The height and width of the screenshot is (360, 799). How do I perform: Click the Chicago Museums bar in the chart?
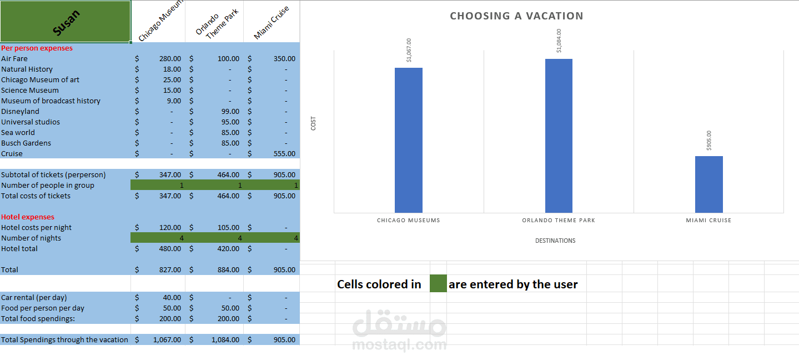pyautogui.click(x=408, y=140)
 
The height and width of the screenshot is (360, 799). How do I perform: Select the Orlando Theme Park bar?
pyautogui.click(x=559, y=136)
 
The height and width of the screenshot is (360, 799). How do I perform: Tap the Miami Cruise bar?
pyautogui.click(x=708, y=184)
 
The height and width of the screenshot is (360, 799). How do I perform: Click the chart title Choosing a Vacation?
pyautogui.click(x=516, y=16)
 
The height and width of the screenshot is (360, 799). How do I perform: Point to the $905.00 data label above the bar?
pyautogui.click(x=709, y=141)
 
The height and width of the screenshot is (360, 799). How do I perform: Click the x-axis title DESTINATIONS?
pyautogui.click(x=555, y=241)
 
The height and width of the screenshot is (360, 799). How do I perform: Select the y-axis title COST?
pyautogui.click(x=313, y=123)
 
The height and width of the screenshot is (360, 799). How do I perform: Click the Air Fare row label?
pyautogui.click(x=14, y=58)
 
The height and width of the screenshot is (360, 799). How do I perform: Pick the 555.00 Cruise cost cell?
pyautogui.click(x=284, y=153)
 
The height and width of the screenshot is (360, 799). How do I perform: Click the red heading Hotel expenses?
pyautogui.click(x=28, y=217)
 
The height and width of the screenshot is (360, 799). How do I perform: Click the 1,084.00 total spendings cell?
pyautogui.click(x=225, y=339)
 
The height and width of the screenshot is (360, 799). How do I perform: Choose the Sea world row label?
pyautogui.click(x=18, y=132)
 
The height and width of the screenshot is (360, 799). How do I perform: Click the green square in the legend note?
pyautogui.click(x=438, y=284)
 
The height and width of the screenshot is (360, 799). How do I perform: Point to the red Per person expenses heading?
pyautogui.click(x=37, y=48)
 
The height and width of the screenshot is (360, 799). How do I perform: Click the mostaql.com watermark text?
pyautogui.click(x=399, y=345)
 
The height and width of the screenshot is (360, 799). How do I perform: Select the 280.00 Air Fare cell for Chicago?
pyautogui.click(x=170, y=58)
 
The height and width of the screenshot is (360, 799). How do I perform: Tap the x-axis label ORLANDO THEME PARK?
pyautogui.click(x=558, y=221)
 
